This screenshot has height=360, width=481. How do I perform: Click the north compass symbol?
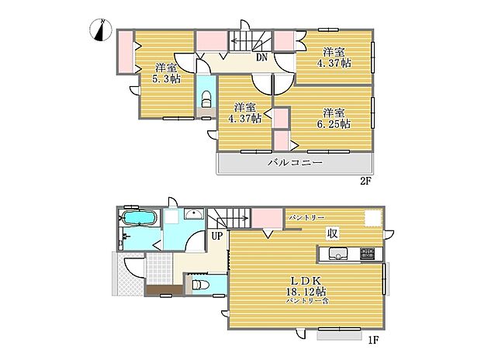pyautogui.click(x=101, y=30)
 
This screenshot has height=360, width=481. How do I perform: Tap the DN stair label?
pyautogui.click(x=261, y=57)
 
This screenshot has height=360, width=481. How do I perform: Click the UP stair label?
pyautogui.click(x=217, y=236)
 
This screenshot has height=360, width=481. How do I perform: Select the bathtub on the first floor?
pyautogui.click(x=139, y=218)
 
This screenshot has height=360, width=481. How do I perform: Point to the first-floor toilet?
pyautogui.click(x=199, y=285)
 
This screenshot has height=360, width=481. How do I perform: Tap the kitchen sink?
pyautogui.click(x=337, y=254)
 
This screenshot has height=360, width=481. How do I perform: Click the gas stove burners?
pyautogui.click(x=367, y=253)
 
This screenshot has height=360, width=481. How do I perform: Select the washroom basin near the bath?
pyautogui.click(x=194, y=213)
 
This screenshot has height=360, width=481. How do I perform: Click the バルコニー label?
pyautogui.click(x=295, y=162)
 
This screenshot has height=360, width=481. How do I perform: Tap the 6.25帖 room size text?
pyautogui.click(x=334, y=124)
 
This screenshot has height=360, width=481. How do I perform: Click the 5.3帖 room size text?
pyautogui.click(x=166, y=79)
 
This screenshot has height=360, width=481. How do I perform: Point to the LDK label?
pyautogui.click(x=306, y=281)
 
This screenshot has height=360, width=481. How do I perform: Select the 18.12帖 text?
pyautogui.click(x=306, y=291)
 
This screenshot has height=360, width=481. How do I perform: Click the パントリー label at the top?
pyautogui.click(x=306, y=217)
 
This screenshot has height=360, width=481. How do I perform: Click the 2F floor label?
pyautogui.click(x=365, y=181)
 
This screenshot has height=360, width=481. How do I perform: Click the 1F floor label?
pyautogui.click(x=374, y=341)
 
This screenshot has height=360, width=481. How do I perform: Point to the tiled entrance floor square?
pyautogui.click(x=159, y=268)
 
